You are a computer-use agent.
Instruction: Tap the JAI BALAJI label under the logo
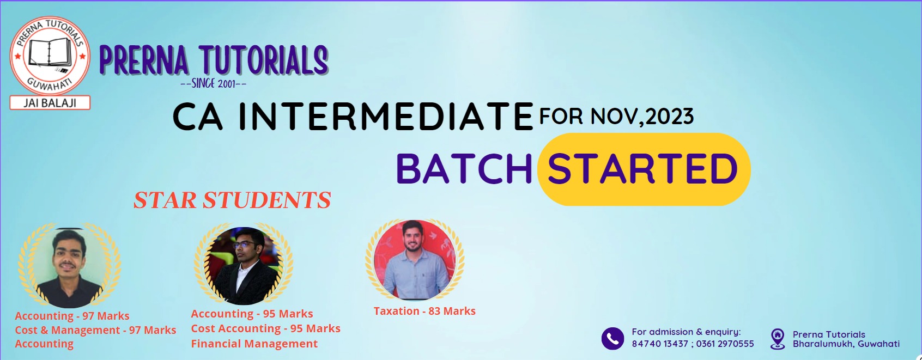click(x=50, y=102)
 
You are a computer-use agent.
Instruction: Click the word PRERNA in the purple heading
click(x=144, y=60)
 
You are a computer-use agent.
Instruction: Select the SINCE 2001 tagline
click(x=213, y=83)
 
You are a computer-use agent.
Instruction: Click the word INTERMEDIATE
click(x=386, y=117)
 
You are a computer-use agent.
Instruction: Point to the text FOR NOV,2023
click(x=616, y=116)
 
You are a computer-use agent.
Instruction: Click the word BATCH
click(x=464, y=169)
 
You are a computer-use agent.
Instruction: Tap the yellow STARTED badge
click(x=644, y=169)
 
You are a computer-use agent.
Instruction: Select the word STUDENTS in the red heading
click(x=266, y=200)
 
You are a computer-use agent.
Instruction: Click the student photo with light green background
click(x=69, y=267)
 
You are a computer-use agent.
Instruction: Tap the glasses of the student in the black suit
click(x=244, y=245)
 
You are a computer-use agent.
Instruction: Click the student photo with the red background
click(x=415, y=259)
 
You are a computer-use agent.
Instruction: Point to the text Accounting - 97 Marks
click(x=72, y=316)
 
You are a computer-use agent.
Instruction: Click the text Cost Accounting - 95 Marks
click(x=265, y=328)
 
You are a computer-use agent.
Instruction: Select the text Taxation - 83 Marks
click(x=424, y=311)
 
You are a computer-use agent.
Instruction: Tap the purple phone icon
click(x=612, y=339)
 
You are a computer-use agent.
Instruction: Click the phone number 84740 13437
click(x=660, y=344)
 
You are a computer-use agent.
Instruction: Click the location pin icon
click(x=777, y=339)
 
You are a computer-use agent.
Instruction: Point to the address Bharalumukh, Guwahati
click(x=846, y=344)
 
